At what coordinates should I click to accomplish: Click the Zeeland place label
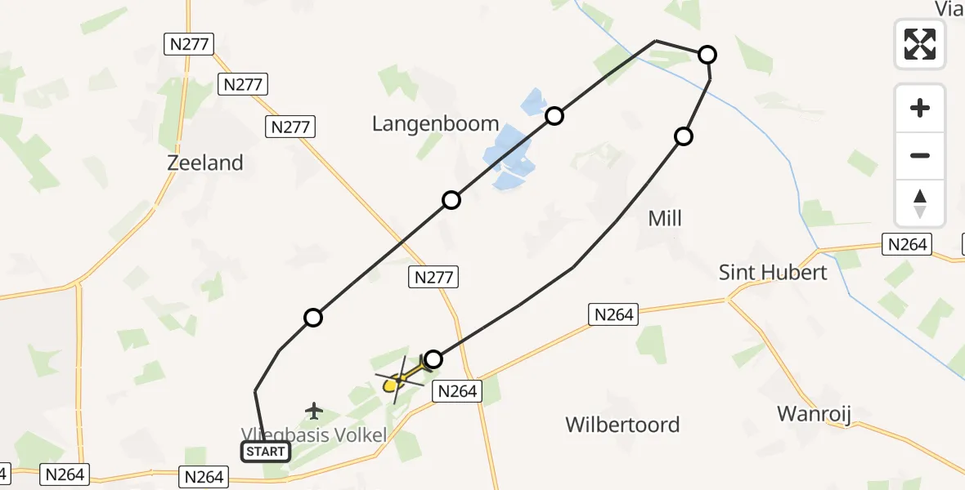[x=205, y=163]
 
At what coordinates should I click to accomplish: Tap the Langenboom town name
[x=435, y=124]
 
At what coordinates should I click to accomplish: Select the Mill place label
[x=664, y=218]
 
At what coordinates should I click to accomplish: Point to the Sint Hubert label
[x=773, y=272]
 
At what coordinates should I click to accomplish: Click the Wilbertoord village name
[x=622, y=425]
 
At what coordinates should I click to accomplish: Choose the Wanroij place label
[x=814, y=413]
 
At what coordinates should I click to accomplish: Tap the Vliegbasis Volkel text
[x=313, y=435]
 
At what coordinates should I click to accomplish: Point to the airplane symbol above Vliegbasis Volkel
[x=313, y=411]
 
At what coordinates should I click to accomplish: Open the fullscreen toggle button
[x=920, y=44]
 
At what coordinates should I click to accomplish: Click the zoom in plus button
[x=920, y=108]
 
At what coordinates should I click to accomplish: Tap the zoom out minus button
[x=920, y=155]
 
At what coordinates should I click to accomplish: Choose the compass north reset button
[x=920, y=203]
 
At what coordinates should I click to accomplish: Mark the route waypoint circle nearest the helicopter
[x=433, y=359]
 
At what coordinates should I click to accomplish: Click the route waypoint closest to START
[x=312, y=318]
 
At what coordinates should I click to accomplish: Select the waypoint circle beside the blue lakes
[x=554, y=116]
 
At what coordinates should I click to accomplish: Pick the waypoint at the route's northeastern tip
[x=707, y=55]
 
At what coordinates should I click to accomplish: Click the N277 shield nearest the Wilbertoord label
[x=433, y=278]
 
